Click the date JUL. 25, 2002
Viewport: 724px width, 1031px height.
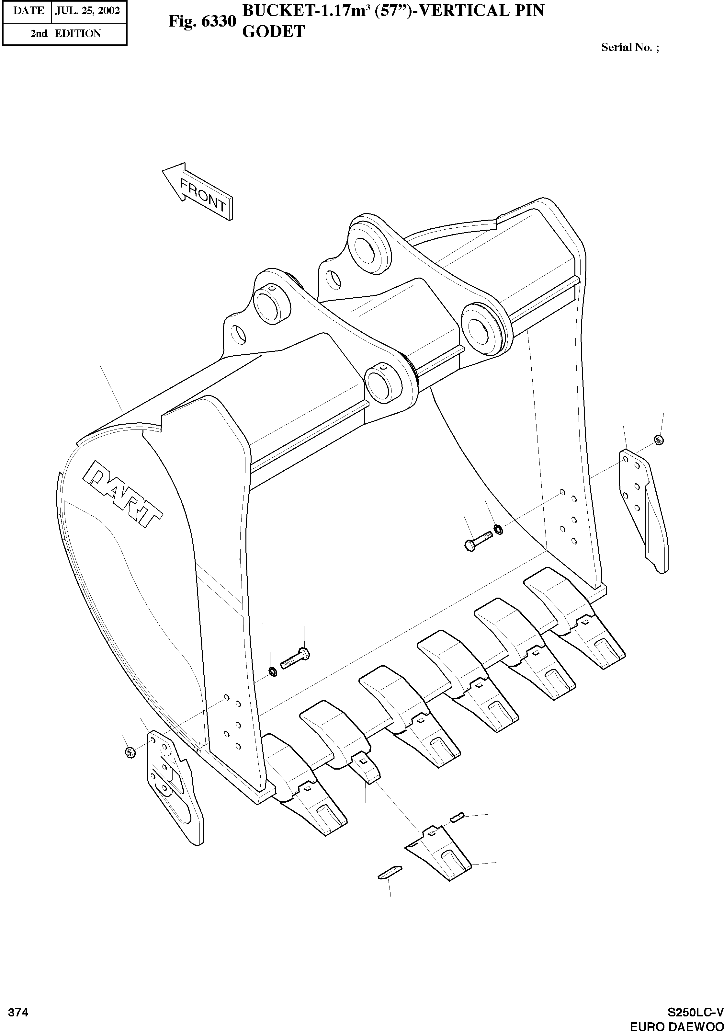(x=87, y=11)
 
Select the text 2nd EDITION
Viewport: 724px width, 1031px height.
(x=65, y=33)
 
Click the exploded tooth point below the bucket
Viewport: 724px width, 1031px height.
(x=438, y=851)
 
